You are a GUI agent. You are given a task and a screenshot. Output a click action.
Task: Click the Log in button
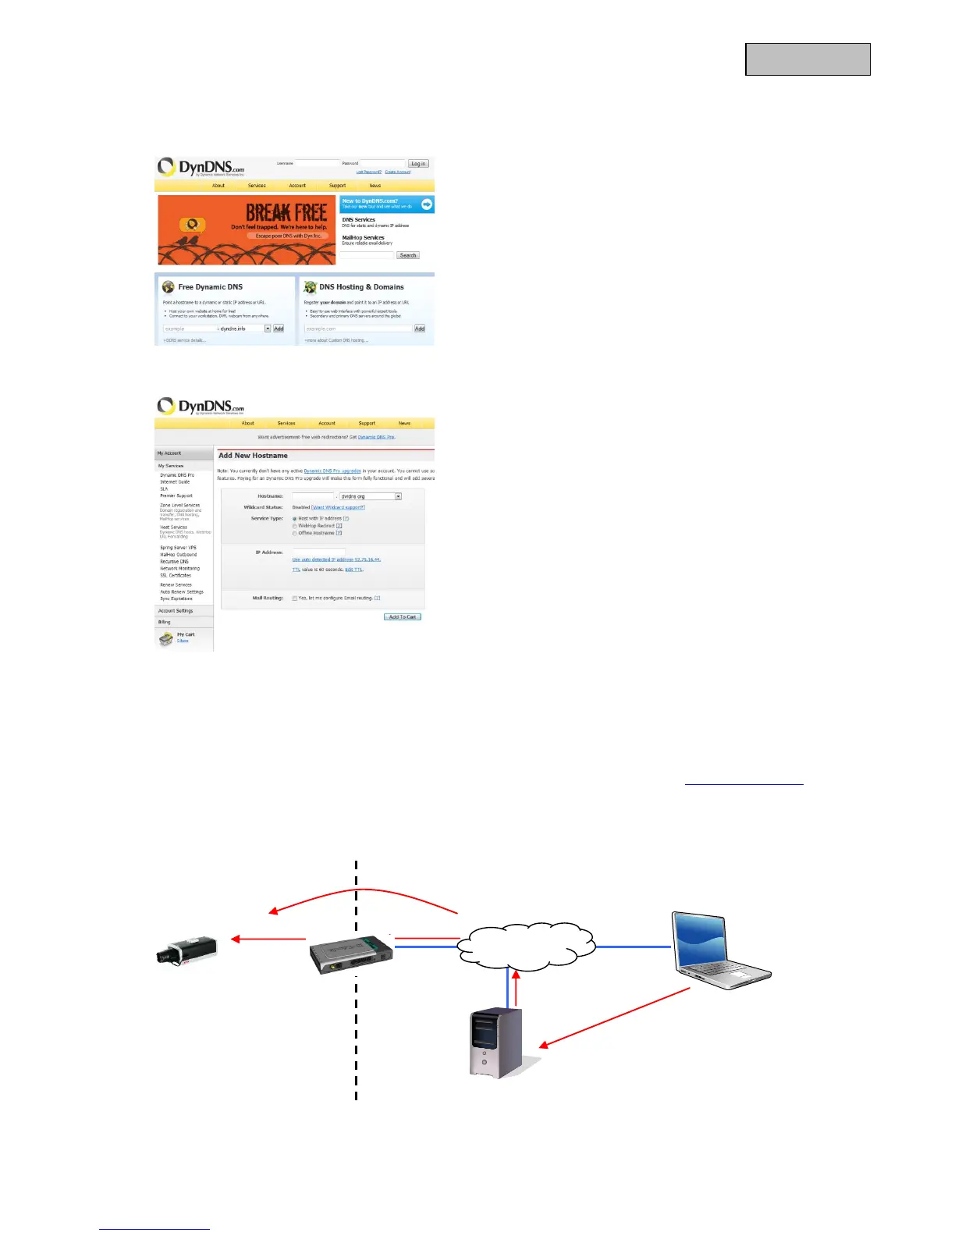click(418, 164)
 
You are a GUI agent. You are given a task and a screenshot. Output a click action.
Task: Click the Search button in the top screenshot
click(408, 255)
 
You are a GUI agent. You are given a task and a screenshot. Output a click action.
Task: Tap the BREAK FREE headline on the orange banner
click(286, 212)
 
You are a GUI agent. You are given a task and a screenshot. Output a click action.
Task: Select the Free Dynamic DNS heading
click(210, 287)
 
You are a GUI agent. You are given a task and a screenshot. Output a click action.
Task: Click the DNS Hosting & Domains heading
click(361, 287)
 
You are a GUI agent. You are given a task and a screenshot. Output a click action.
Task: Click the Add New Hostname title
click(253, 456)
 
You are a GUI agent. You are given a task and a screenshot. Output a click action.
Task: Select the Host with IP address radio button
click(295, 519)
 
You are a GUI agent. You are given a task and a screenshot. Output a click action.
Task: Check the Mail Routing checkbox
click(295, 598)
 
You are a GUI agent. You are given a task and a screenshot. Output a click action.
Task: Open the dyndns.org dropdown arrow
click(398, 496)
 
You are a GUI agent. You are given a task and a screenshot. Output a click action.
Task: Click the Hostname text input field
click(313, 496)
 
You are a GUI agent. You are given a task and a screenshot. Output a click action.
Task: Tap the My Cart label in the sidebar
click(186, 634)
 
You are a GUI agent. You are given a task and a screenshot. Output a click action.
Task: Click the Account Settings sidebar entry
click(176, 611)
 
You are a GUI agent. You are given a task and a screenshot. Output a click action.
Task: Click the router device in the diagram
click(350, 954)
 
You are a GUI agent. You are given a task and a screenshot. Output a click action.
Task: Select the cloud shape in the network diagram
click(527, 946)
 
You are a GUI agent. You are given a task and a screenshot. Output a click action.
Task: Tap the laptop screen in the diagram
click(702, 939)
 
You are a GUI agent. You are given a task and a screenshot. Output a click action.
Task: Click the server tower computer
click(496, 1042)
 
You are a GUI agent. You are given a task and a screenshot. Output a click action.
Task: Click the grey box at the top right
click(808, 59)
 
